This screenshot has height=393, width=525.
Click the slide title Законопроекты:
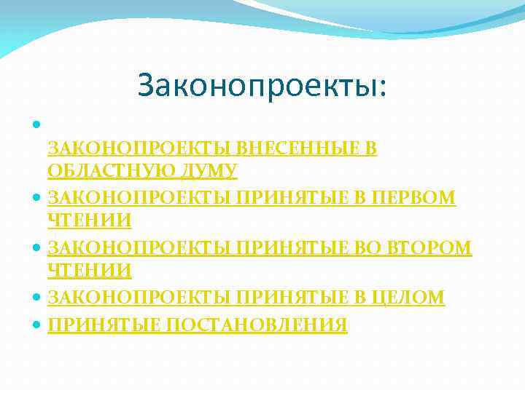click(x=262, y=86)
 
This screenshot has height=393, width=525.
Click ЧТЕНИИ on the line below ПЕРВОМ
click(x=90, y=220)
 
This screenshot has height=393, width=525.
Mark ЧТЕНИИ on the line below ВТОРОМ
click(x=90, y=271)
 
